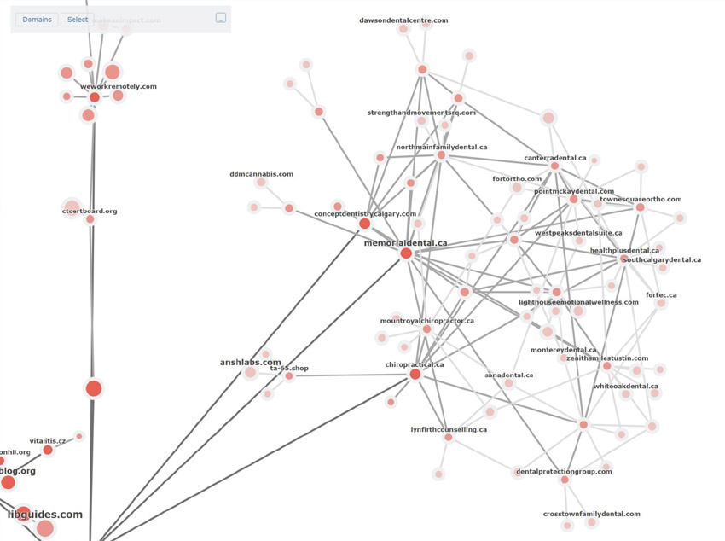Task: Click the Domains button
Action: point(37,19)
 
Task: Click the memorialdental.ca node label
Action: point(405,243)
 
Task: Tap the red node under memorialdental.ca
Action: point(406,253)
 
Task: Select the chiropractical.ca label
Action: point(415,364)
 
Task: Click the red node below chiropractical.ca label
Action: point(415,375)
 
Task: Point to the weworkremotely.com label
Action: point(119,86)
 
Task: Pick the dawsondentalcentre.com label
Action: point(403,20)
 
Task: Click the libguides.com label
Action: point(45,515)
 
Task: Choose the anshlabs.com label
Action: point(250,362)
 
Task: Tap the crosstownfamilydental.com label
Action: point(591,514)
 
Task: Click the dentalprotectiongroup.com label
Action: point(564,471)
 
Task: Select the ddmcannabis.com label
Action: point(261,174)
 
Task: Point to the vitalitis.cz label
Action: point(48,441)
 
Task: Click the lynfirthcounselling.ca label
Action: point(449,429)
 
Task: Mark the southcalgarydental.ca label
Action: point(662,259)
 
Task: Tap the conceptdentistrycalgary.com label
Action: point(365,214)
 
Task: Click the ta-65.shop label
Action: point(289,369)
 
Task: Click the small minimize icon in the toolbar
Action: point(220,18)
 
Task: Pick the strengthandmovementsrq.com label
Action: point(421,113)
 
